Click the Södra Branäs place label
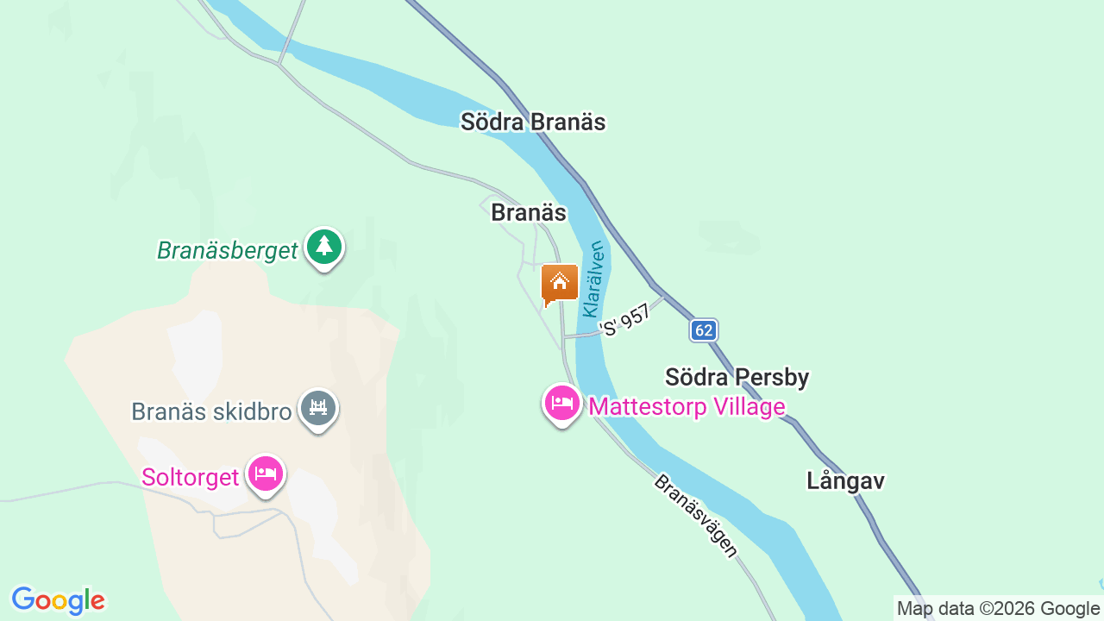532,122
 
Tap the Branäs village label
528,212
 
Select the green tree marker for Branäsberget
324,248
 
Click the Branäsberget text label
227,251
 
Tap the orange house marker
559,283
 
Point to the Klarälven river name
593,279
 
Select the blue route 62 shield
704,330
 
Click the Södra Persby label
737,377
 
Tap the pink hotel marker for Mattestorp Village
561,403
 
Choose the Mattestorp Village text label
687,406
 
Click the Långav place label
845,480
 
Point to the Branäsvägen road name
696,516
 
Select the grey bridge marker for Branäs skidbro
318,408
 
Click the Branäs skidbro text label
211,411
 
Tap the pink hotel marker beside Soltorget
266,474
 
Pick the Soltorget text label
190,477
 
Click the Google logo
58,600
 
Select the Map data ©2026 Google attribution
998,609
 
